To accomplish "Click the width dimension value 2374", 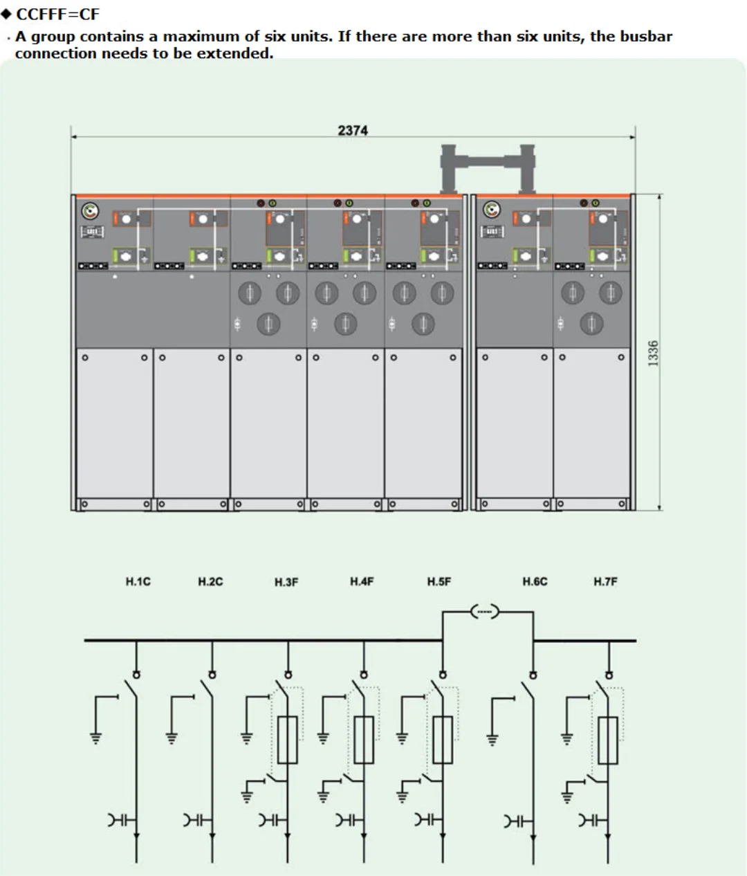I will coord(353,130).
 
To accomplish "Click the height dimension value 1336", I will coord(653,353).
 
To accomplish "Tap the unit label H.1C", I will coord(138,581).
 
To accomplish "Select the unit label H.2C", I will coord(210,581).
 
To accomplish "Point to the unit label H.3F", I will coord(286,582).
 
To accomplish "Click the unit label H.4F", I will coord(362,581).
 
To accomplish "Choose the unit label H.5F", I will coord(439,581).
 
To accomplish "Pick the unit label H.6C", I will coord(535,581).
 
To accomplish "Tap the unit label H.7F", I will coord(605,581).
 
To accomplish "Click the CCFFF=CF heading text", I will coord(58,14).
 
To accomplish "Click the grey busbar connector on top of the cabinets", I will coord(488,163).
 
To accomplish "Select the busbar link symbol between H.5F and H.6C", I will coord(485,611).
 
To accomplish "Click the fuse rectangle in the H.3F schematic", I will coord(288,739).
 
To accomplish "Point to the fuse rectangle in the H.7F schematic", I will coord(608,739).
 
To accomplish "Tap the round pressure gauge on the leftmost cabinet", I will coord(91,210).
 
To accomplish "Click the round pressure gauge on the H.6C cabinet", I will coord(491,209).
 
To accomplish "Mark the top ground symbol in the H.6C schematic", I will coord(492,738).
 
